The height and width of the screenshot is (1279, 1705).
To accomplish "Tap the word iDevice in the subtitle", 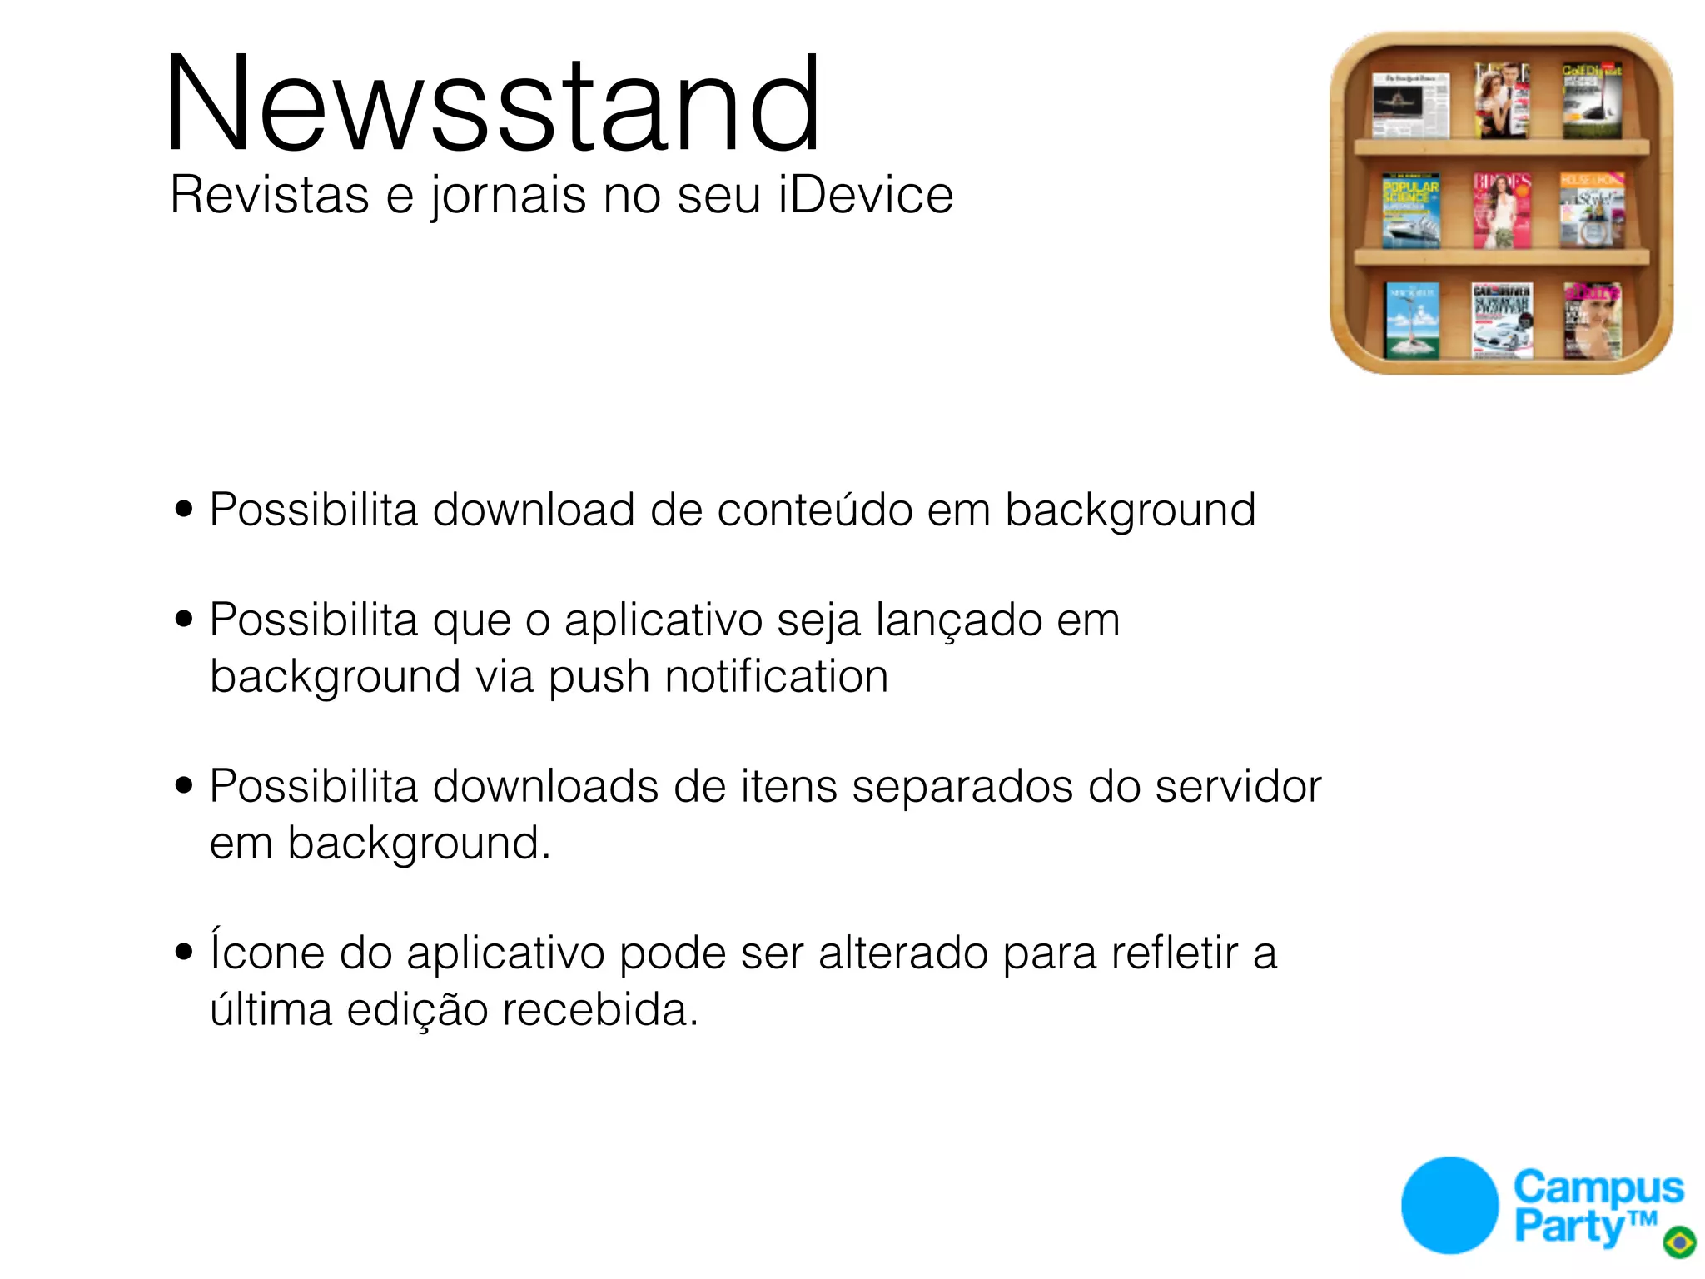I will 866,195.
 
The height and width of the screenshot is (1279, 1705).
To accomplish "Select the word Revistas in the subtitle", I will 269,195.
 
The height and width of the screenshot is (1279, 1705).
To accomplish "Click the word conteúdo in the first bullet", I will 814,510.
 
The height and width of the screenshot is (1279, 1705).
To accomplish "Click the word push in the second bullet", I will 599,678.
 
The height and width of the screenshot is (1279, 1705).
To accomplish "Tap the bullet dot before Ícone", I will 184,952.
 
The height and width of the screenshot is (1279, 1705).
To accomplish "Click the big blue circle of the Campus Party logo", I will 1449,1205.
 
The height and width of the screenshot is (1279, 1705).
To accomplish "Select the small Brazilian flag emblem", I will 1679,1242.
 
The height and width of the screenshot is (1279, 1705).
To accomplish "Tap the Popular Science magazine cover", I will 1410,212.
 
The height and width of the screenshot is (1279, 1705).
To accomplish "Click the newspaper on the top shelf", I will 1410,105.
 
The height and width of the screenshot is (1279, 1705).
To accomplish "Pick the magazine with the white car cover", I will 1502,321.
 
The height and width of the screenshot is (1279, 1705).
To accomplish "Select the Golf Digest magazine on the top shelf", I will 1591,101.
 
